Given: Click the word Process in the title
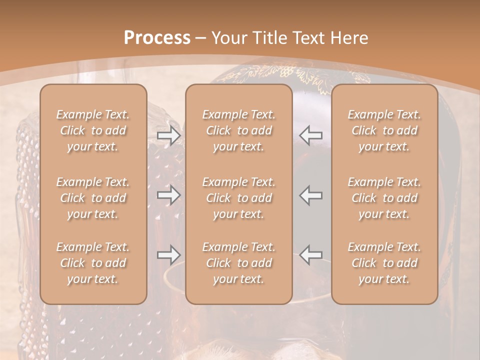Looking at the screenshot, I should pos(157,38).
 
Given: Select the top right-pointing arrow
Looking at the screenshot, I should pos(169,135).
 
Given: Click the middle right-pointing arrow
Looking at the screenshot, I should pos(169,195).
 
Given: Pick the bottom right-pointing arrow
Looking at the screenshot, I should pos(169,255).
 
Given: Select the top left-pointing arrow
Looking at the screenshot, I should pos(311,135).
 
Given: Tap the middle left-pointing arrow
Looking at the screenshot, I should pos(311,195).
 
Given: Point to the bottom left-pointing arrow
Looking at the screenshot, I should pos(311,255).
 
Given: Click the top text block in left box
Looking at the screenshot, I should pos(93,130).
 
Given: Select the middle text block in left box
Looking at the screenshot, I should pos(93,198).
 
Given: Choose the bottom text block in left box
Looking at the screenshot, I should pos(93,263).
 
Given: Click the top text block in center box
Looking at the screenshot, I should pos(239,130).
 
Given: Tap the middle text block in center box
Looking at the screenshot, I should pos(239,198).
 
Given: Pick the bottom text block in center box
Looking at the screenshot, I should pos(239,263).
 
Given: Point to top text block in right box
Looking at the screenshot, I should pos(384,130).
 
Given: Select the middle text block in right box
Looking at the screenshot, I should pos(384,198).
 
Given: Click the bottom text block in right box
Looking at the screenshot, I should pos(384,263).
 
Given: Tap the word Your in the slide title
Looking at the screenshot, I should pos(227,38).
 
